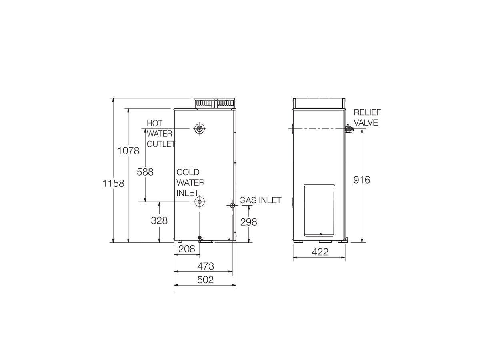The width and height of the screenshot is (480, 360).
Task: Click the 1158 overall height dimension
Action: click(114, 183)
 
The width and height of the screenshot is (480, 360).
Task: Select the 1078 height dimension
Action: click(128, 151)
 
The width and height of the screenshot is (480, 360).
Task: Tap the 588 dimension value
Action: click(145, 172)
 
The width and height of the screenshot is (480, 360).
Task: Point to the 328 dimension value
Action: click(159, 220)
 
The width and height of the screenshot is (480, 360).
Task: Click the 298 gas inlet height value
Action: click(248, 222)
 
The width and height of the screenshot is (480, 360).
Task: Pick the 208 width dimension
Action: click(187, 248)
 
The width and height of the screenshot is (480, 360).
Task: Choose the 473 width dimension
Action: click(206, 266)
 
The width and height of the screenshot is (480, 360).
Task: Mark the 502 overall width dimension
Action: click(206, 280)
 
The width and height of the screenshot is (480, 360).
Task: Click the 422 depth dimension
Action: click(320, 252)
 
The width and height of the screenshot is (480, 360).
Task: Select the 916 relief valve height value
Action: click(362, 180)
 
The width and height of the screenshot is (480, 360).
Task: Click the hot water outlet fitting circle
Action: click(199, 129)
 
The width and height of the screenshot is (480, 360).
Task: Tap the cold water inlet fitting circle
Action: click(199, 202)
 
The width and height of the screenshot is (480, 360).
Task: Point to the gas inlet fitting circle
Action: click(232, 205)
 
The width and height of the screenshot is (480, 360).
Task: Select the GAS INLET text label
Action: click(260, 200)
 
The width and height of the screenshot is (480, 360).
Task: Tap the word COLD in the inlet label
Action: click(188, 172)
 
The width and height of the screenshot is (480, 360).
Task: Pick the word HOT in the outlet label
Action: click(154, 124)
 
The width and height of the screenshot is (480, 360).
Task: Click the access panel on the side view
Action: click(319, 210)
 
